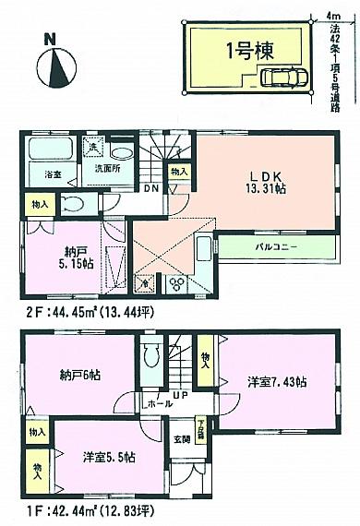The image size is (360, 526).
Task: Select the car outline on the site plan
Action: coord(282,78)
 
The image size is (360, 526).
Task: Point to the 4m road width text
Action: coord(332,13)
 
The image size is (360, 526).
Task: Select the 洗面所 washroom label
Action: coord(104,170)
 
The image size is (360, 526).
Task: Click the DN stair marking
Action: coord(150,187)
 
